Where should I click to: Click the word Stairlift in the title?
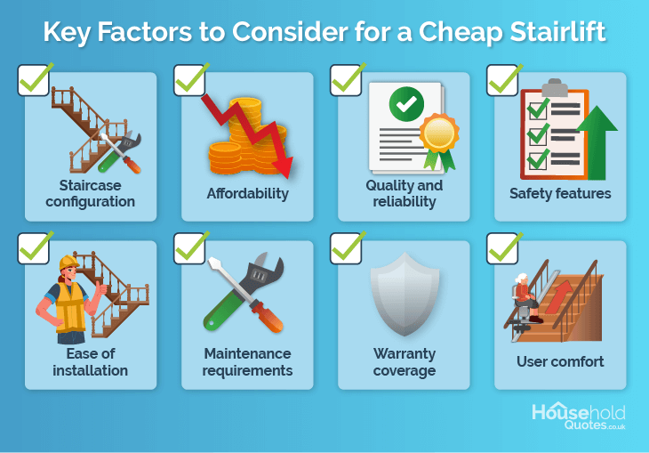click(557, 31)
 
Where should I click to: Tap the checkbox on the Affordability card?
click(190, 80)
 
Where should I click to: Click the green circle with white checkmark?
click(406, 104)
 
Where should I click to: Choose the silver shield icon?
click(405, 295)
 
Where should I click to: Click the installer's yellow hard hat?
click(68, 263)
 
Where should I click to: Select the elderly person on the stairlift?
click(525, 297)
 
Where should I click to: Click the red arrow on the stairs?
click(557, 296)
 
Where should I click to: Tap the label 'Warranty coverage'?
click(405, 362)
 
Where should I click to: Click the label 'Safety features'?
click(560, 193)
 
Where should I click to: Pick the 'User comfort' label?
click(560, 362)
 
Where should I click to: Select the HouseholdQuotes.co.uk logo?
click(579, 417)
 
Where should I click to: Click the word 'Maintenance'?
click(247, 353)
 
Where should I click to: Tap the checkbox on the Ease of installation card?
click(34, 248)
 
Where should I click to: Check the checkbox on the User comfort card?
click(502, 248)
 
